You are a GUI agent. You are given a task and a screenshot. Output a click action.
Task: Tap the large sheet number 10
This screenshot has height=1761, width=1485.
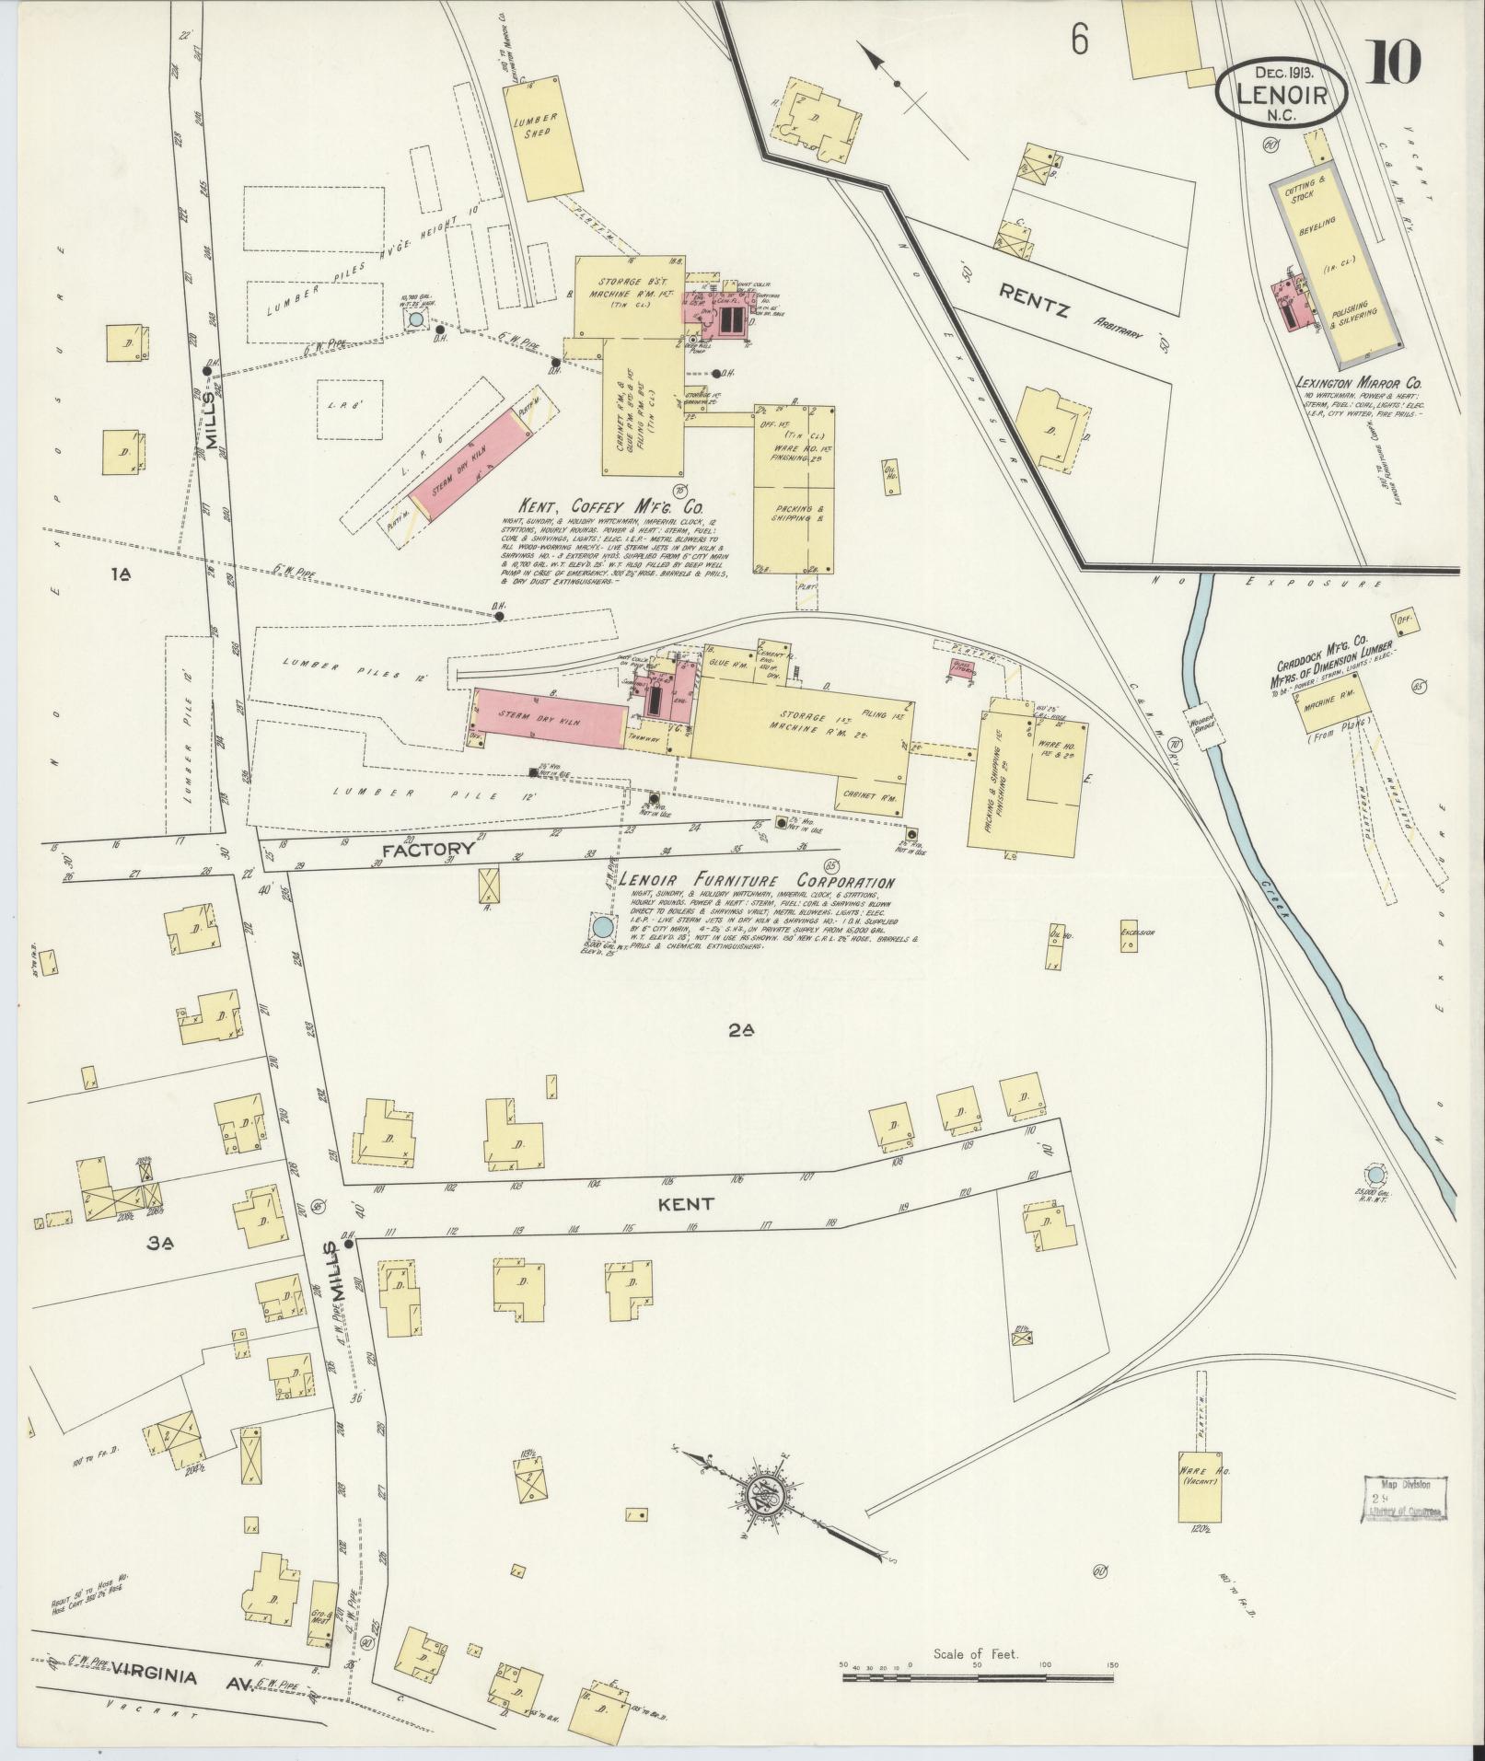pyautogui.click(x=1394, y=64)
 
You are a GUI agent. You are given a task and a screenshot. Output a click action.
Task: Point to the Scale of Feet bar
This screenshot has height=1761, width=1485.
pyautogui.click(x=979, y=1677)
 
